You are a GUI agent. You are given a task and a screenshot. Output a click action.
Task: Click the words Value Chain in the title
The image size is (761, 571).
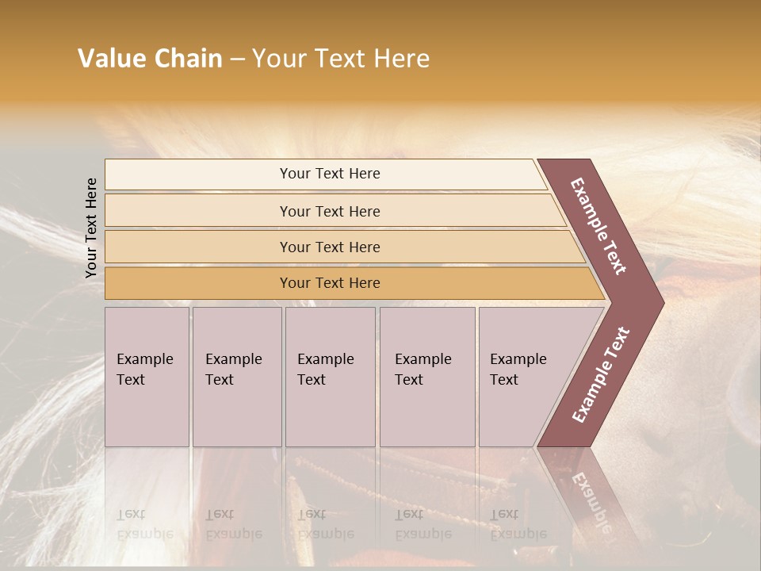pyautogui.click(x=150, y=59)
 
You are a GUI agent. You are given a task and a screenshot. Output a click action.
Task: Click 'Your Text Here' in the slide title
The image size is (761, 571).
pyautogui.click(x=341, y=59)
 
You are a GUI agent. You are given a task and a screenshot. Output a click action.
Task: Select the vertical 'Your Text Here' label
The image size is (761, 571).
pyautogui.click(x=91, y=228)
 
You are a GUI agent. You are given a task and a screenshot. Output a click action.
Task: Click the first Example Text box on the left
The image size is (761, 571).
pyautogui.click(x=147, y=377)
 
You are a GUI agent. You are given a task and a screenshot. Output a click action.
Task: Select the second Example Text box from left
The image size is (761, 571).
pyautogui.click(x=236, y=377)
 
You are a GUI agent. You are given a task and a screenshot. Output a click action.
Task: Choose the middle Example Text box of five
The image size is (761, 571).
pyautogui.click(x=330, y=377)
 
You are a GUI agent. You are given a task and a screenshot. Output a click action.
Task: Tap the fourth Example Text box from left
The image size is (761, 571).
pyautogui.click(x=426, y=377)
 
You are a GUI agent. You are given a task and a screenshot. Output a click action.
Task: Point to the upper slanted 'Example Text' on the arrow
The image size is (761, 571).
pyautogui.click(x=598, y=226)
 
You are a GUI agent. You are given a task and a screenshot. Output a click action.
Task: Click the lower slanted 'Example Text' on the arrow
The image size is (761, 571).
pyautogui.click(x=601, y=375)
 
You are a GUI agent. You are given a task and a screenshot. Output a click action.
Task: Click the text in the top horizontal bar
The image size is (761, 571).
pyautogui.click(x=330, y=174)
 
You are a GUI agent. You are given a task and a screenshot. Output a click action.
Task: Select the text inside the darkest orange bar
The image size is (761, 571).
pyautogui.click(x=330, y=283)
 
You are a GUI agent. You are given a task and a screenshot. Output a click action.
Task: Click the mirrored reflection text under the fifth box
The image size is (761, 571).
pyautogui.click(x=518, y=524)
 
